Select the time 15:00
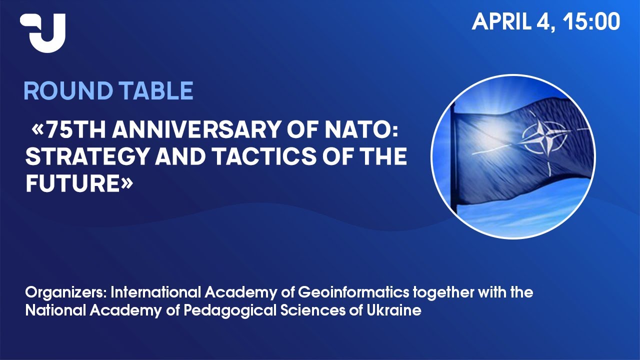591,21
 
